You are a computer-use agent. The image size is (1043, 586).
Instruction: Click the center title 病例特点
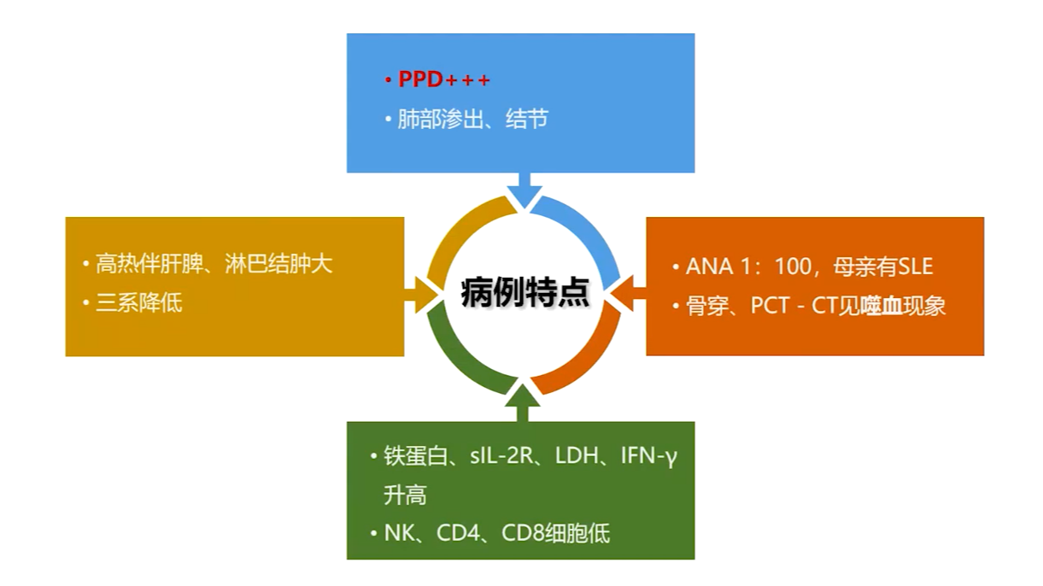[524, 292]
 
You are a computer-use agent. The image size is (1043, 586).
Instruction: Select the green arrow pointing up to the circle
[523, 403]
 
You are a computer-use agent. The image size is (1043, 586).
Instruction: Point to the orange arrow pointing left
[628, 293]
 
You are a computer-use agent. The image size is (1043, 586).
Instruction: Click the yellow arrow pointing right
[421, 295]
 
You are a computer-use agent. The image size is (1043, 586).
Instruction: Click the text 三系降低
[138, 303]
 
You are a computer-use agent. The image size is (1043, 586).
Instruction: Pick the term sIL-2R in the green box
[501, 455]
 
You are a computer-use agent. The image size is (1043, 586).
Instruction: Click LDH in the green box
[577, 455]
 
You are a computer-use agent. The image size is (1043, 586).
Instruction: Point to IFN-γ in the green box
[649, 456]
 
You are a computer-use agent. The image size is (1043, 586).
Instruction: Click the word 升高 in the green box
[405, 495]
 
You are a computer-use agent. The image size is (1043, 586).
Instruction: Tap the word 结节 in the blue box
[527, 119]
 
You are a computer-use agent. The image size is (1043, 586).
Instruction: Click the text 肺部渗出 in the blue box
[441, 119]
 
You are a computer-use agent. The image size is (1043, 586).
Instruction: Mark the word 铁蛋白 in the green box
[416, 455]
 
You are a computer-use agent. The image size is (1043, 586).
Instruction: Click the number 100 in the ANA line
[793, 267]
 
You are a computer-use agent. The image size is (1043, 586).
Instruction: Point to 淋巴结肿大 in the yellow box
[278, 264]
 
